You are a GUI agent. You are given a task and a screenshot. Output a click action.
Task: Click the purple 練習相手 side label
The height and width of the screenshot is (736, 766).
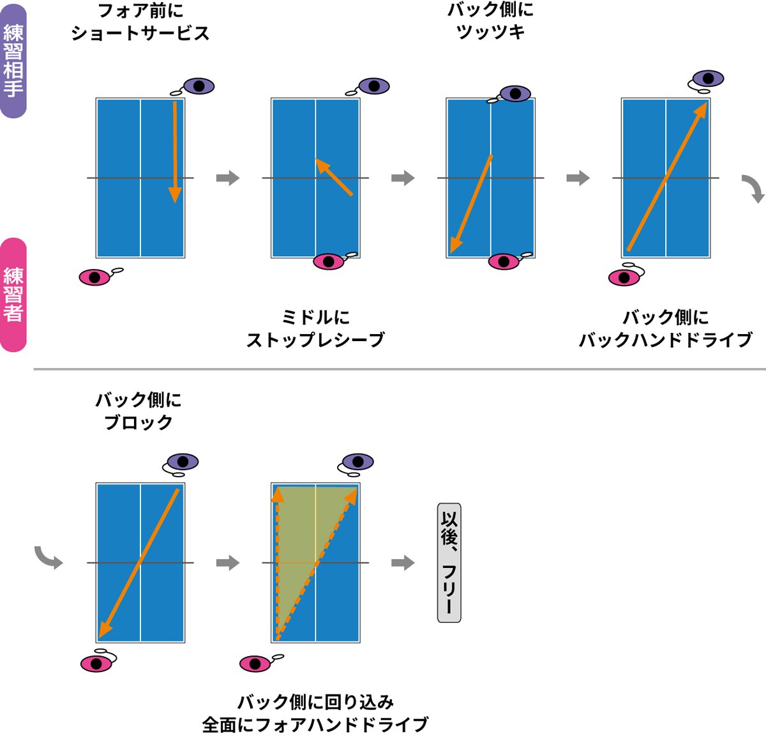pos(13,61)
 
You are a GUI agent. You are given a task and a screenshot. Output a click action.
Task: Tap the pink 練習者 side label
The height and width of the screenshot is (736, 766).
pos(13,295)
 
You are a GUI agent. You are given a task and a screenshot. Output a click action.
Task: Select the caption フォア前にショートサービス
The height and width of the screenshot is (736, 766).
pos(140,22)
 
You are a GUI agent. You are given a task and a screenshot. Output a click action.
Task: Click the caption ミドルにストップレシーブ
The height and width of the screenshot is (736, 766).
pos(315,328)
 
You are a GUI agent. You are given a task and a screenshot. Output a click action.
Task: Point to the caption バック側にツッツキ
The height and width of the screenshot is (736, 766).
pos(490,20)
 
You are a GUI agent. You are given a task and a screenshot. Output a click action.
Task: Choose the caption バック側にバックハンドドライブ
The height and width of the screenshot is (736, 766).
pos(665,328)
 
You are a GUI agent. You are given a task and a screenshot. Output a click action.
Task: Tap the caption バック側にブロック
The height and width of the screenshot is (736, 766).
pos(139,411)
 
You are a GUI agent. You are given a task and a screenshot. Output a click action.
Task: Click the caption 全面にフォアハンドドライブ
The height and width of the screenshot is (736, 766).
pos(315,724)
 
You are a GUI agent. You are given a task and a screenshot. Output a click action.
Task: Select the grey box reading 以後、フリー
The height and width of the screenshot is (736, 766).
pos(449,562)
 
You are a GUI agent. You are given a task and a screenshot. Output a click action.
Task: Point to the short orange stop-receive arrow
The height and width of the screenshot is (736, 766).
pos(334,177)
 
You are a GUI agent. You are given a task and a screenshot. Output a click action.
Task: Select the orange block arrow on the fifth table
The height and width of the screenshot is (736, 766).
pos(139,563)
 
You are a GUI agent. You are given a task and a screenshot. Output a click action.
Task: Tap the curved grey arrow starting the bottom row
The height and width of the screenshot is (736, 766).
pos(49,557)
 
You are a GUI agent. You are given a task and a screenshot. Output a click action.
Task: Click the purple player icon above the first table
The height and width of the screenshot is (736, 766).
pos(198,86)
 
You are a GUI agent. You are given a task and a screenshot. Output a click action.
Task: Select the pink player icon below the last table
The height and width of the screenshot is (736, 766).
pos(256,663)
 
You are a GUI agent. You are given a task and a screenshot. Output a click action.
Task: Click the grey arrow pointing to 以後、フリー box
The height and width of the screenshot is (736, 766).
pos(403,563)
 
